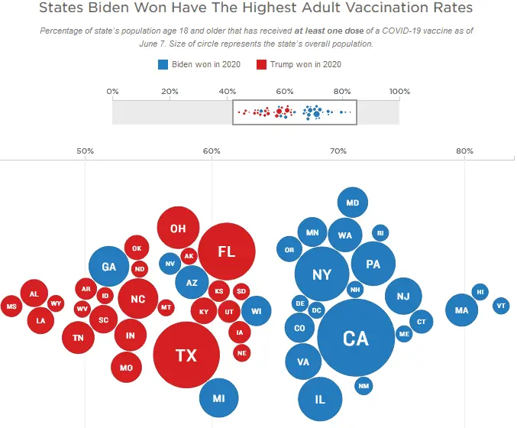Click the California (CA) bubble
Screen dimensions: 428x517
point(356,338)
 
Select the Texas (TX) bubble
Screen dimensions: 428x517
point(186,355)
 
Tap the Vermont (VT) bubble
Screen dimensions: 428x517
point(501,306)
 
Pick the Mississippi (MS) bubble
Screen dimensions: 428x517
point(11,306)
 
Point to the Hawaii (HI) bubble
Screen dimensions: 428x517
point(480,291)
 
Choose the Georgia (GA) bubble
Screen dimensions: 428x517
point(108,267)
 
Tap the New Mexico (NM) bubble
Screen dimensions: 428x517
point(364,386)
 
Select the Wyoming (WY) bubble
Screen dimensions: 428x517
point(56,303)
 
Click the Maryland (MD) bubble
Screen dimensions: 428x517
point(352,203)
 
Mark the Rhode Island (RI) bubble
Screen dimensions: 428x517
point(380,233)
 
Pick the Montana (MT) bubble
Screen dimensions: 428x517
point(166,307)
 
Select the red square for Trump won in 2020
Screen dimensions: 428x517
point(262,64)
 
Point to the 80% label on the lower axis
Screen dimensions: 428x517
point(464,151)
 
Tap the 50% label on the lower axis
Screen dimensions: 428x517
point(85,151)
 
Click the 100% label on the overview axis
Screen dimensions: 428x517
point(399,92)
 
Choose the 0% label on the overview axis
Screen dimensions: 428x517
point(112,92)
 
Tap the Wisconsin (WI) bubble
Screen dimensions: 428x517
point(257,311)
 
